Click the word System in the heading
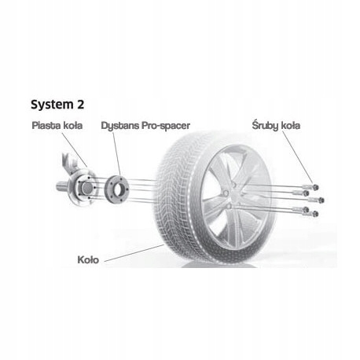48,104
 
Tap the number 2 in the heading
81,104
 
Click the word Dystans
118,126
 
